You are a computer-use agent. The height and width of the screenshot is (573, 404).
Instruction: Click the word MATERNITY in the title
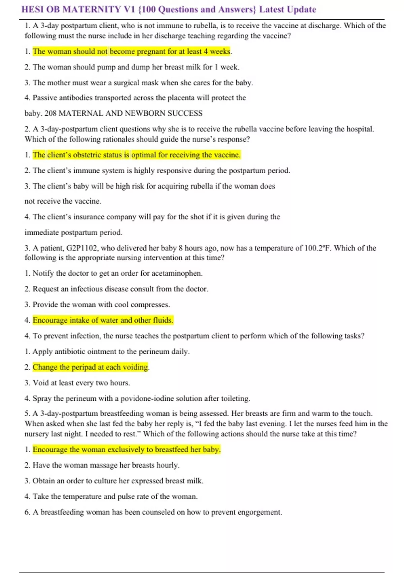click(92, 9)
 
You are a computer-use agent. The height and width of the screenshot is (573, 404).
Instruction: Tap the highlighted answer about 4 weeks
click(131, 52)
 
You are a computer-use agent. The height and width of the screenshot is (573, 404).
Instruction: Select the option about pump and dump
click(136, 67)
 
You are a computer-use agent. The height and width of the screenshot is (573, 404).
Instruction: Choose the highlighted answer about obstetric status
click(136, 155)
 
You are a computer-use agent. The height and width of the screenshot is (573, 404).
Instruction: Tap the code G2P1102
click(82, 248)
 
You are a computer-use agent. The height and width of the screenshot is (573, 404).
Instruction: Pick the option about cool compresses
click(101, 305)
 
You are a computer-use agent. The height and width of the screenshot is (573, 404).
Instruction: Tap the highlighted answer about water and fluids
click(103, 320)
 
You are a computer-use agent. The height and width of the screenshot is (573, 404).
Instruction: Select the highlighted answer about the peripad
click(90, 367)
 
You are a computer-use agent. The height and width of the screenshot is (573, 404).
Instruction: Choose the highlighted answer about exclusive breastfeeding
click(126, 450)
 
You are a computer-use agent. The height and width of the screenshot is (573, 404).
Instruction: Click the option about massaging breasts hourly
click(106, 465)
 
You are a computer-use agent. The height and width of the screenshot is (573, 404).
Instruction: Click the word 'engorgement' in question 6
click(259, 512)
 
